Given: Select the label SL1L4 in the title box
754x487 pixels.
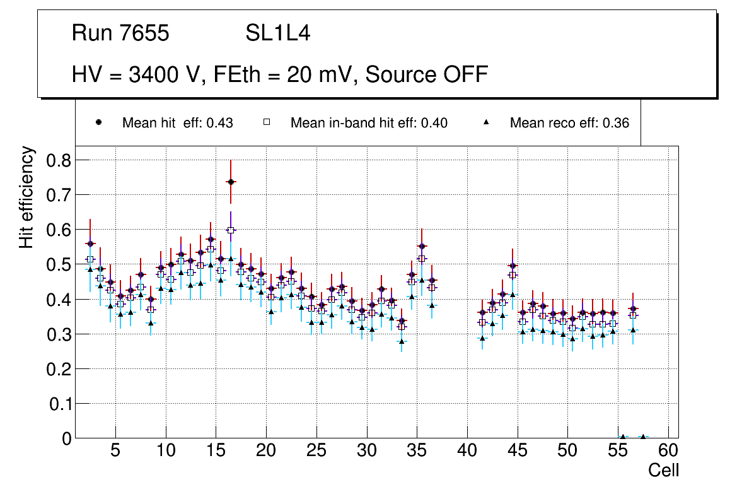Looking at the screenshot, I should click(x=277, y=33).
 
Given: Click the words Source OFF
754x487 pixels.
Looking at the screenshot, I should click(x=427, y=74).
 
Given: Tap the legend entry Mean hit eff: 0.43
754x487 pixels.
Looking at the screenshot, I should click(x=177, y=123).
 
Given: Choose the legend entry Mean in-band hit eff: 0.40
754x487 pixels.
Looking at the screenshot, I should click(x=369, y=123).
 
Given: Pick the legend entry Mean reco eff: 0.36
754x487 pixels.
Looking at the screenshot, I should click(x=569, y=123).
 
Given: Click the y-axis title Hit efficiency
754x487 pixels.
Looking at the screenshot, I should click(x=26, y=197).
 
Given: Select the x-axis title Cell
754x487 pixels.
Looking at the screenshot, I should click(x=664, y=470).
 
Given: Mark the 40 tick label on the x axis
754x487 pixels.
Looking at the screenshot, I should click(x=467, y=451).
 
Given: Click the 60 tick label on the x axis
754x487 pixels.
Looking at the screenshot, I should click(x=668, y=451).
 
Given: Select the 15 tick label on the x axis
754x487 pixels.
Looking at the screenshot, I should click(x=216, y=451).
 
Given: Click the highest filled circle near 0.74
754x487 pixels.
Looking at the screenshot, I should click(x=231, y=182).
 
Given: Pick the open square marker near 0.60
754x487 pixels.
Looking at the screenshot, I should click(x=231, y=230).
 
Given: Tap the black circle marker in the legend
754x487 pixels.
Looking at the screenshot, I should click(x=98, y=122).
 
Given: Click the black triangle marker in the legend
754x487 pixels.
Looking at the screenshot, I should click(x=486, y=122).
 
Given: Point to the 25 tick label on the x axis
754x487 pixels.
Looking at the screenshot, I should click(x=316, y=451).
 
